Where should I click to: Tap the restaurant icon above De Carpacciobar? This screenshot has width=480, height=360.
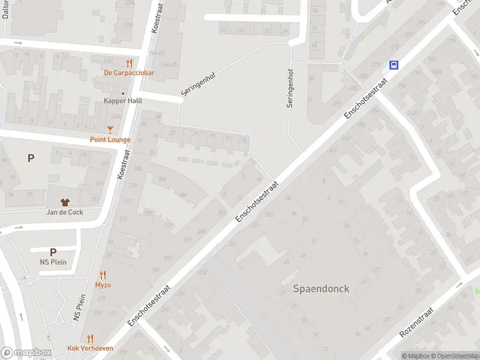[x=128, y=63]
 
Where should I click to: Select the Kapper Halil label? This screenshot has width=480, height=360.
[x=123, y=101]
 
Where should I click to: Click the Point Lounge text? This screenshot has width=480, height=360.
[x=110, y=140]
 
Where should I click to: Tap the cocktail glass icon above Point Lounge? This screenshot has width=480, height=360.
[x=110, y=129]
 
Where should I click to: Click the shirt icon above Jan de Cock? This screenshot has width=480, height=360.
[x=65, y=202]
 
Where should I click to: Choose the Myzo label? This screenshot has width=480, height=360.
[x=103, y=285]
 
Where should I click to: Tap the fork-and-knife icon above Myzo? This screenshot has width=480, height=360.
[x=103, y=275]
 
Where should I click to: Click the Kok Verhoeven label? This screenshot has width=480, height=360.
[x=90, y=349]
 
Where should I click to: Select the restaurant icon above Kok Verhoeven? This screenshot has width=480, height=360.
[x=90, y=338]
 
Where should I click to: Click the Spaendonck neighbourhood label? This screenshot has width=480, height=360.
[x=321, y=289]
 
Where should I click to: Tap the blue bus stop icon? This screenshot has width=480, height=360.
[x=394, y=65]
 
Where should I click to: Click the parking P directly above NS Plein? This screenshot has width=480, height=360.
[x=53, y=253]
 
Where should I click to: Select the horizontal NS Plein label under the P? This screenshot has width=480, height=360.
[x=53, y=262]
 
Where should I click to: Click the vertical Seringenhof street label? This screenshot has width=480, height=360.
[x=290, y=90]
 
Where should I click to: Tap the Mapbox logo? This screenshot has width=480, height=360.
[x=26, y=353]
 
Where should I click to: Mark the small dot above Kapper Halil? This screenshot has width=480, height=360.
[x=123, y=94]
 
